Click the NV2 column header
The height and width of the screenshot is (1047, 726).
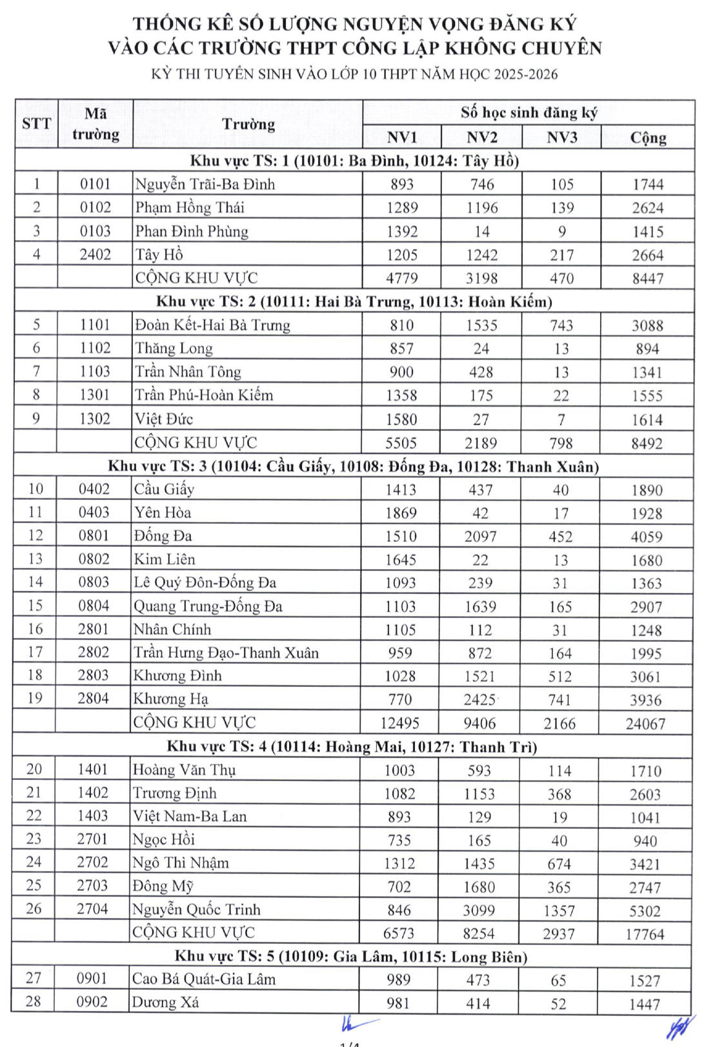[481, 137]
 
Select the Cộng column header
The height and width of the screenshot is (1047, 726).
[648, 137]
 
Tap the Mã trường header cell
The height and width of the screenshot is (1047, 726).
[96, 124]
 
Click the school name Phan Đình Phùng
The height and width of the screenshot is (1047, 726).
[192, 231]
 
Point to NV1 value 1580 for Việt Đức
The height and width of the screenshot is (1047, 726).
[401, 419]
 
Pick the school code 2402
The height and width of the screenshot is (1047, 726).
[96, 254]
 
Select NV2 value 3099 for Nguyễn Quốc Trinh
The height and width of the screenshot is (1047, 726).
[479, 910]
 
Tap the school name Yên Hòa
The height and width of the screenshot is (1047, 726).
[162, 512]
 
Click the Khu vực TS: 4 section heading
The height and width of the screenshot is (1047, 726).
[352, 746]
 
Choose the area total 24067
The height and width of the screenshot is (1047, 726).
[645, 724]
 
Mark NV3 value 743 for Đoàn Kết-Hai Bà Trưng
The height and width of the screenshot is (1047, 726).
[561, 325]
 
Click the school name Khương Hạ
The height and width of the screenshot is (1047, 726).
[170, 699]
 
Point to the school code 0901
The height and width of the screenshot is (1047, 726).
[92, 979]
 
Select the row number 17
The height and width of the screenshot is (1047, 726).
[35, 652]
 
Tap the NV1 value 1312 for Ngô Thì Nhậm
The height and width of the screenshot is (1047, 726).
[399, 863]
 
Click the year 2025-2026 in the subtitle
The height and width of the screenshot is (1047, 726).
[525, 74]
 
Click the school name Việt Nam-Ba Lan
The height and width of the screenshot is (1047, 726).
[190, 816]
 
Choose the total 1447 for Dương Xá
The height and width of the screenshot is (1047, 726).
[645, 1004]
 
